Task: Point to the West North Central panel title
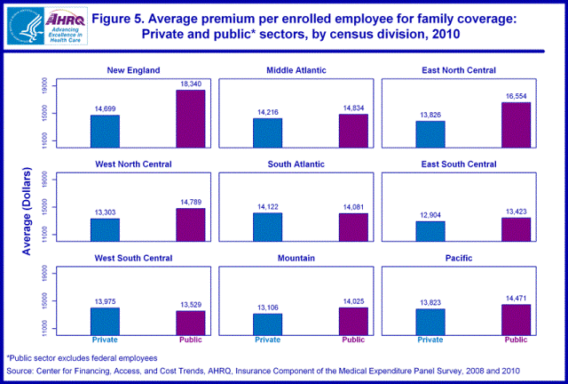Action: [x=139, y=164]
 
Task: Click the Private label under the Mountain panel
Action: [x=267, y=340]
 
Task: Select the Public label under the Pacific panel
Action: [x=516, y=340]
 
